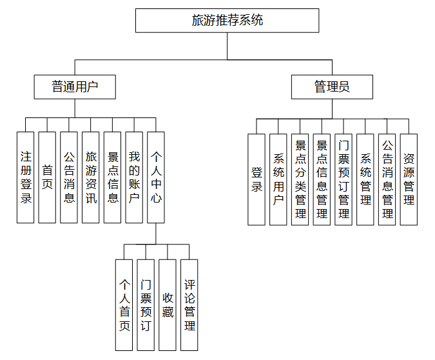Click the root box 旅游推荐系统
coord(227,21)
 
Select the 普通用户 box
coord(75,86)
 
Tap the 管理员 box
coord(332,86)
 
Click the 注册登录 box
coord(26,177)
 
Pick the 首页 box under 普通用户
coord(47,177)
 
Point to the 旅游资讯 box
coord(91,177)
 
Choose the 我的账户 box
coord(134,177)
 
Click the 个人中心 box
coord(156,177)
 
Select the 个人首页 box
coord(124,305)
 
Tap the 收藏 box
coord(168,305)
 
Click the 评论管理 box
coord(189,305)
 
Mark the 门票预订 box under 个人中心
coord(146,305)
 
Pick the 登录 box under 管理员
coord(256,179)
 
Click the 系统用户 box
coord(278,179)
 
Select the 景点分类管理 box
coord(300,179)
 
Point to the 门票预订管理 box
coord(343,179)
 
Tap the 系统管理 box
coord(365,179)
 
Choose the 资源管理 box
coord(409,179)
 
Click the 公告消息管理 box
coord(387,179)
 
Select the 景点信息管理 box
coord(322,179)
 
